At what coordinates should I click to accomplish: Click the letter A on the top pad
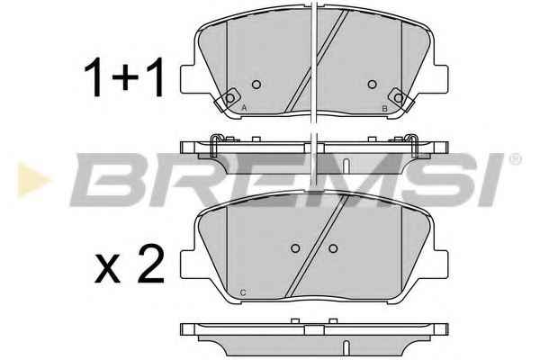(244, 108)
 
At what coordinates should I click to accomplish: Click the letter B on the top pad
(384, 109)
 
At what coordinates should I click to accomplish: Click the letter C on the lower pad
(243, 293)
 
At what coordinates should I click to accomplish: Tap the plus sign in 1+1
(125, 78)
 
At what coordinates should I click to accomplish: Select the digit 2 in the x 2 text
(150, 265)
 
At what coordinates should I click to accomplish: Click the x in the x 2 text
(107, 269)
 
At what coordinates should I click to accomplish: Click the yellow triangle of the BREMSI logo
(32, 180)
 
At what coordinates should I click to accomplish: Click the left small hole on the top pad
(256, 84)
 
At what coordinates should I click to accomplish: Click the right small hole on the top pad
(372, 84)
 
